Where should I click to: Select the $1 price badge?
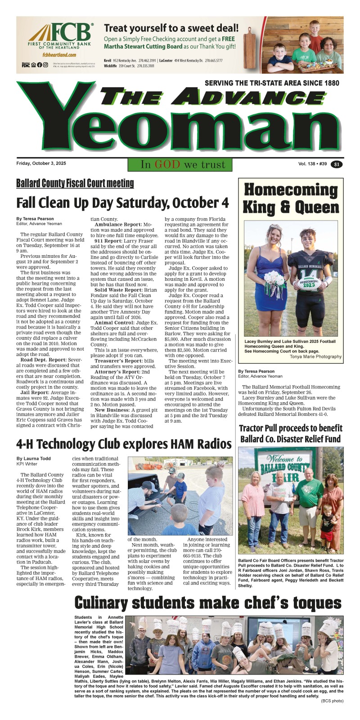coord(337,164)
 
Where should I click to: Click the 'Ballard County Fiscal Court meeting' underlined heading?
coord(75,183)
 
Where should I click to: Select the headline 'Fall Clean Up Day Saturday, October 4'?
coord(122,203)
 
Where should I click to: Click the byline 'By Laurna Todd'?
coord(33,459)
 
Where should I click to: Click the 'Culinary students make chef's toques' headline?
coord(207,603)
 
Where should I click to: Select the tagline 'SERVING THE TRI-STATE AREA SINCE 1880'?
coord(272,83)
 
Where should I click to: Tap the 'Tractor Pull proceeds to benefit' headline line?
coord(290,428)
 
